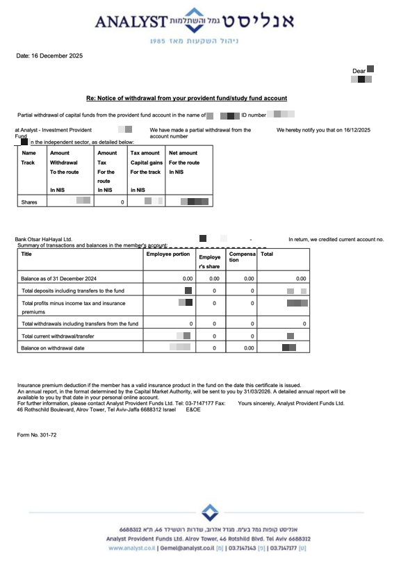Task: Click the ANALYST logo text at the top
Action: pos(131,22)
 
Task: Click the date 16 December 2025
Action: pos(49,56)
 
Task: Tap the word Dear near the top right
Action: pos(359,71)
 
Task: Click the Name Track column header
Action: pos(29,158)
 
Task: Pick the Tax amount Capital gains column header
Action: pos(145,163)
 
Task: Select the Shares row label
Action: pos(30,202)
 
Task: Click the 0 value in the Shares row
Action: pos(122,202)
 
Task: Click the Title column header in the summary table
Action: pos(27,254)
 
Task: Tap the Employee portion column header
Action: pos(168,254)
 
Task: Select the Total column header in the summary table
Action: pos(267,254)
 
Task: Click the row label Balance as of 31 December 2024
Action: pos(59,278)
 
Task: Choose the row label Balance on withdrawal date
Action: pos(53,348)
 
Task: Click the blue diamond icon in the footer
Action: pos(209,513)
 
